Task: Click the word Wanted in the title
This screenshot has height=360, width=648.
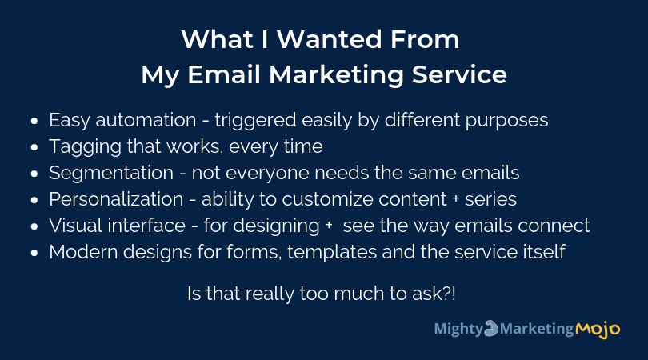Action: pyautogui.click(x=329, y=39)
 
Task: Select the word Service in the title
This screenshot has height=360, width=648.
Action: pyautogui.click(x=459, y=75)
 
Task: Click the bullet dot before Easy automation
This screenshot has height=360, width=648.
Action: pyautogui.click(x=34, y=121)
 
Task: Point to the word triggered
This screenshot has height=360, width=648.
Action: pyautogui.click(x=255, y=121)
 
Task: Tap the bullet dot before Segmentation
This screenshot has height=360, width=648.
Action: pyautogui.click(x=34, y=174)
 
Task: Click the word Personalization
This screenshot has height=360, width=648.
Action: pyautogui.click(x=116, y=199)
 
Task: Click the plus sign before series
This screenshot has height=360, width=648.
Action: pyautogui.click(x=456, y=199)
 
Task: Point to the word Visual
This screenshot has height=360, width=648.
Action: pyautogui.click(x=76, y=226)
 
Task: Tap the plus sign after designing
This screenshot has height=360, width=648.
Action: pyautogui.click(x=329, y=226)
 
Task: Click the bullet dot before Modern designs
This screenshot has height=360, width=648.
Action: pyautogui.click(x=34, y=253)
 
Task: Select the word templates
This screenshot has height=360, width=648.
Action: pyautogui.click(x=332, y=252)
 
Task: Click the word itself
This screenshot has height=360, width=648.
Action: pyautogui.click(x=544, y=252)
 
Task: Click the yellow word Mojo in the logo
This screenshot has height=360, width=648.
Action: pyautogui.click(x=598, y=330)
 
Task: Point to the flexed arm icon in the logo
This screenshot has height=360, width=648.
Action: pyautogui.click(x=491, y=328)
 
